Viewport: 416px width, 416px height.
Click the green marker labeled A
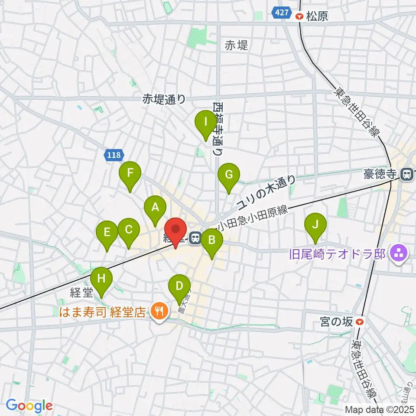pyautogui.click(x=155, y=209)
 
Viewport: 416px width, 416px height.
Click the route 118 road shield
pyautogui.click(x=114, y=155)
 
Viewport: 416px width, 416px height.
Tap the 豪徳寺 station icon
pyautogui.click(x=407, y=174)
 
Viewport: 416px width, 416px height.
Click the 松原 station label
pyautogui.click(x=318, y=16)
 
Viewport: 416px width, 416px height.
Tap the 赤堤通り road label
pyautogui.click(x=164, y=99)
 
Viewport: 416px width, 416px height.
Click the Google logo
pyautogui.click(x=29, y=406)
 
